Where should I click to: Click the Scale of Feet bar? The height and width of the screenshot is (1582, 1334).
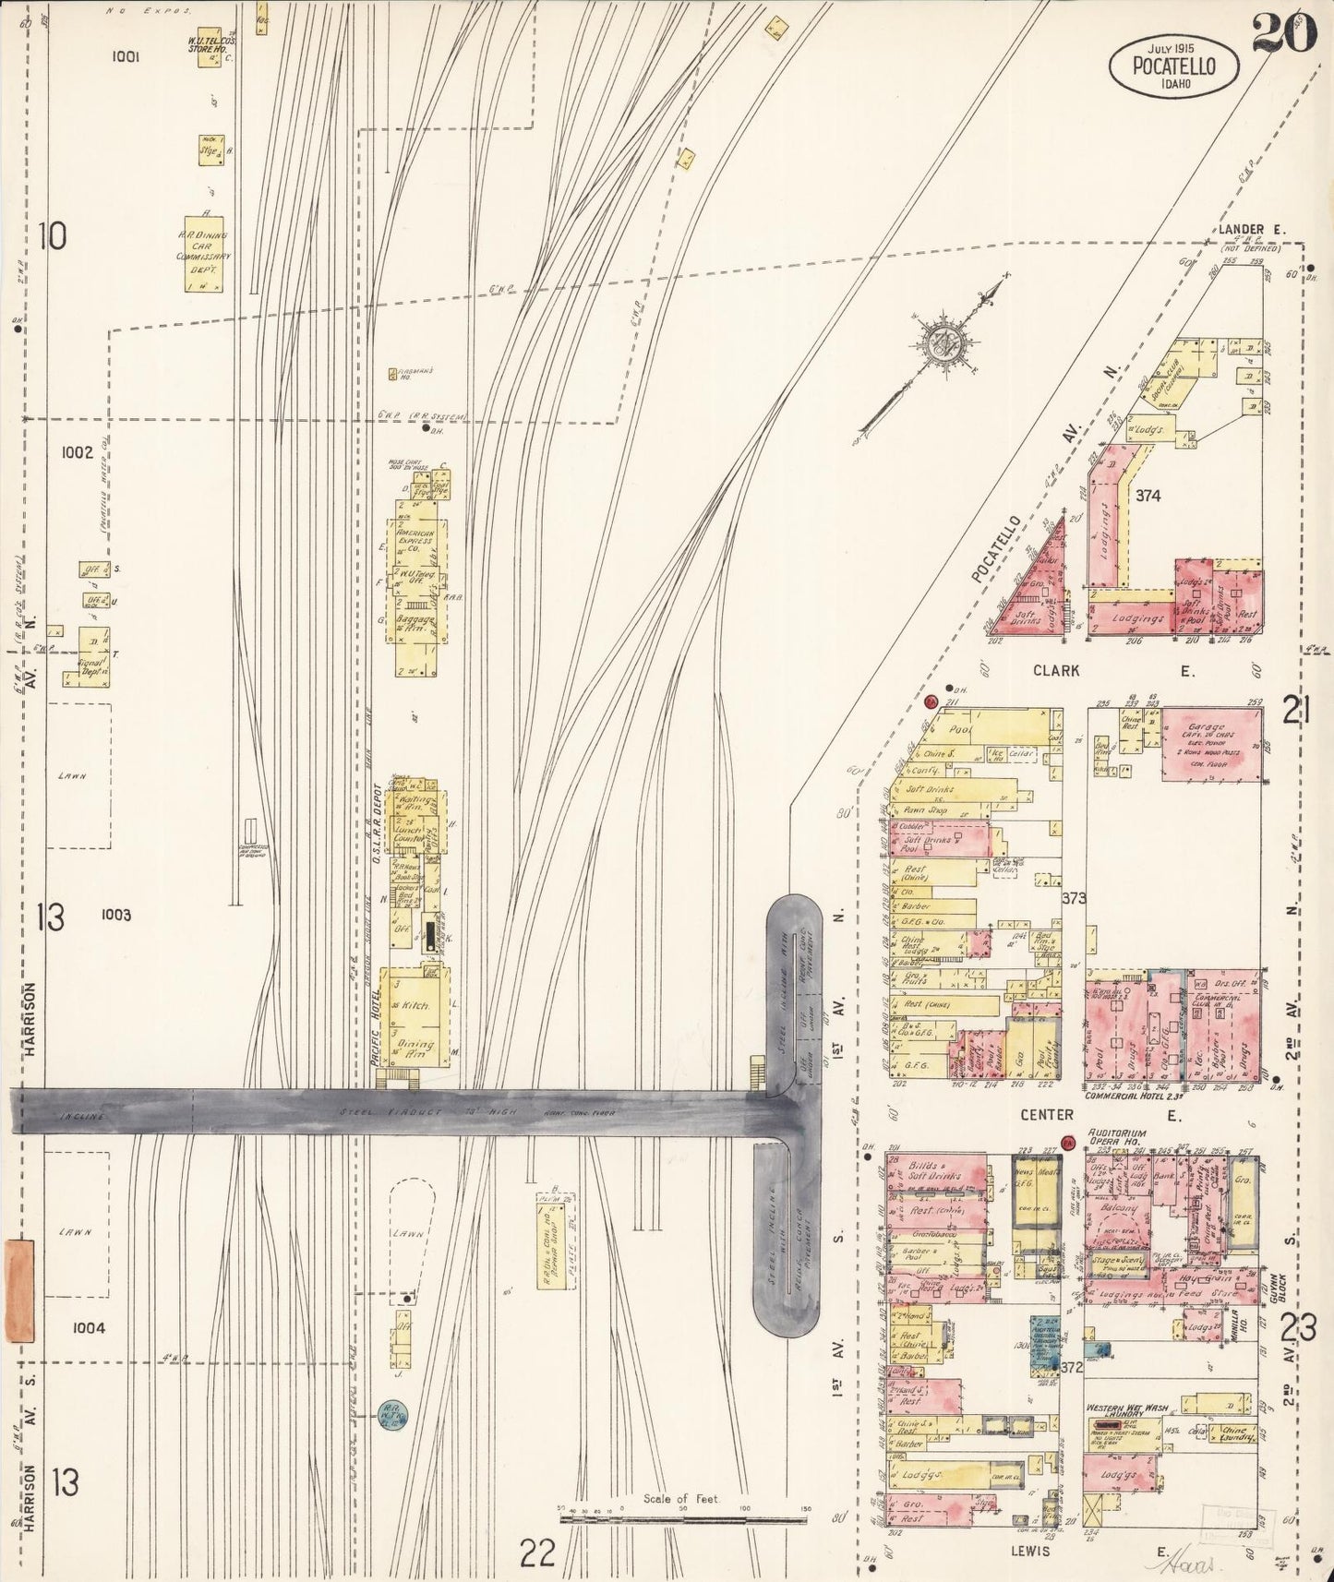[683, 1519]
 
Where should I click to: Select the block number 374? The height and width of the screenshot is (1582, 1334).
[1148, 496]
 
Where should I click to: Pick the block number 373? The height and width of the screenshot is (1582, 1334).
[1074, 897]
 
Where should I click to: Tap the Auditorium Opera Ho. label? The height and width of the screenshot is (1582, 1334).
[1116, 1138]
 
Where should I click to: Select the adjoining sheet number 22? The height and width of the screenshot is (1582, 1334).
[536, 1553]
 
